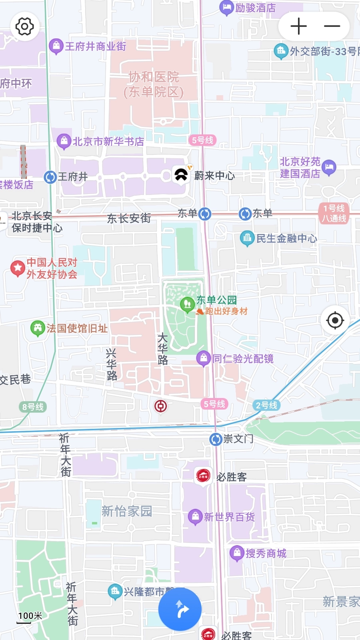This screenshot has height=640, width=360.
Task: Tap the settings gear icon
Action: [x=25, y=27]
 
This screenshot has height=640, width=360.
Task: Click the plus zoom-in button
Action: [x=298, y=27]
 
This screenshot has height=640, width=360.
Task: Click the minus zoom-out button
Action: [x=332, y=27]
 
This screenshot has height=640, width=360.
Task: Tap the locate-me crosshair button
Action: [x=335, y=320]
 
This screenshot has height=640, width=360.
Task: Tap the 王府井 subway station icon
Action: [x=50, y=177]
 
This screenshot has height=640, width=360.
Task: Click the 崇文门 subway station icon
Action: [x=216, y=439]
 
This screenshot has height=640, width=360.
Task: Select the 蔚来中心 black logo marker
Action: [x=181, y=175]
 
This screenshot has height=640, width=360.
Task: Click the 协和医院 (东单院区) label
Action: [x=154, y=84]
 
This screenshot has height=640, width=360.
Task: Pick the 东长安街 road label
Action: [x=129, y=218]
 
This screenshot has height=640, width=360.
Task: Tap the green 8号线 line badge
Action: [x=33, y=407]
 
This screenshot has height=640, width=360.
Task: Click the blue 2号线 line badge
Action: [x=266, y=405]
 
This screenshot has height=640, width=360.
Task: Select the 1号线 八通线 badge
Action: [x=334, y=213]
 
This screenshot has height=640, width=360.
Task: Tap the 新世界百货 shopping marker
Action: [x=195, y=516]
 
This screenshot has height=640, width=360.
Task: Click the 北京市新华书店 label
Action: [x=108, y=142]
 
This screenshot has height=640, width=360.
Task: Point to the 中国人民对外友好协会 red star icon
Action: [x=18, y=268]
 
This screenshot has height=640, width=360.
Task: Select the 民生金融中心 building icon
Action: [x=247, y=238]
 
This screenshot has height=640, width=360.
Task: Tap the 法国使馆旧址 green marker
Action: [x=38, y=328]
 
